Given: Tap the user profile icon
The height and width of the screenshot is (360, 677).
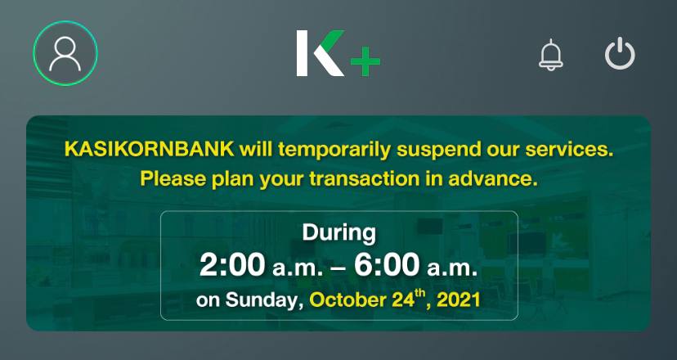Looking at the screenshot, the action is [x=65, y=53].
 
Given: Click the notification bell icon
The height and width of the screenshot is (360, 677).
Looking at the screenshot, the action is [x=551, y=55].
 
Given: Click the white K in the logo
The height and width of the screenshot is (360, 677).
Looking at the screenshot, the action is [x=320, y=53].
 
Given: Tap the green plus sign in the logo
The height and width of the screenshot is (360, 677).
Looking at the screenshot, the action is [x=365, y=61].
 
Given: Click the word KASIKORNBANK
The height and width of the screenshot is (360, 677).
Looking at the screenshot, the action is [x=149, y=150].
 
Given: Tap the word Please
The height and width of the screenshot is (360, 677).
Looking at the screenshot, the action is [x=173, y=179].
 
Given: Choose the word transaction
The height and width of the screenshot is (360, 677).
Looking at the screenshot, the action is [x=364, y=179].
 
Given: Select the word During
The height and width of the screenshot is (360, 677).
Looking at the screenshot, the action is [x=339, y=232].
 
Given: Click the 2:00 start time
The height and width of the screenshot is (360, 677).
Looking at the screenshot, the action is [x=232, y=264].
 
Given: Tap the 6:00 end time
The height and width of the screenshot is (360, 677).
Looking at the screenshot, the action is [x=387, y=264].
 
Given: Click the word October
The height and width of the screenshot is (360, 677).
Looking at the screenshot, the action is [x=347, y=300].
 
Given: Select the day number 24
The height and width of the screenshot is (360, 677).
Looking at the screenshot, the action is [x=402, y=300].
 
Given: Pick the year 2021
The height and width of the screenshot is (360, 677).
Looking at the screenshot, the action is [x=458, y=300].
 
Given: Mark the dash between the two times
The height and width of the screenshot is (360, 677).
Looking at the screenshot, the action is [x=338, y=268].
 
